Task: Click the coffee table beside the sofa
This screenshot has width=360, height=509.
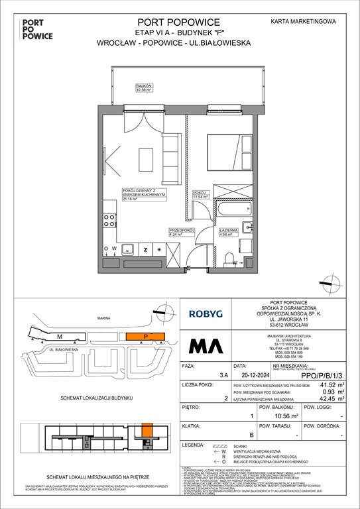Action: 146,159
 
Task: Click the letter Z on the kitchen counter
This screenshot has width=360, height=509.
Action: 145,249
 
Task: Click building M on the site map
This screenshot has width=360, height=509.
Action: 60,336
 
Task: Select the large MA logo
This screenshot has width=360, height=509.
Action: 205,347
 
